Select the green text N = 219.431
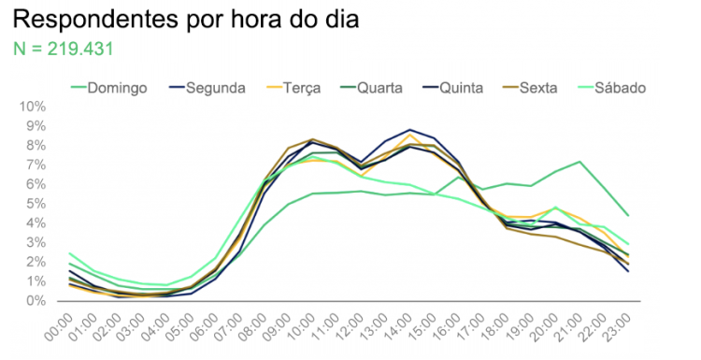click(64, 49)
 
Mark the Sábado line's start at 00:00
click(70, 253)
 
